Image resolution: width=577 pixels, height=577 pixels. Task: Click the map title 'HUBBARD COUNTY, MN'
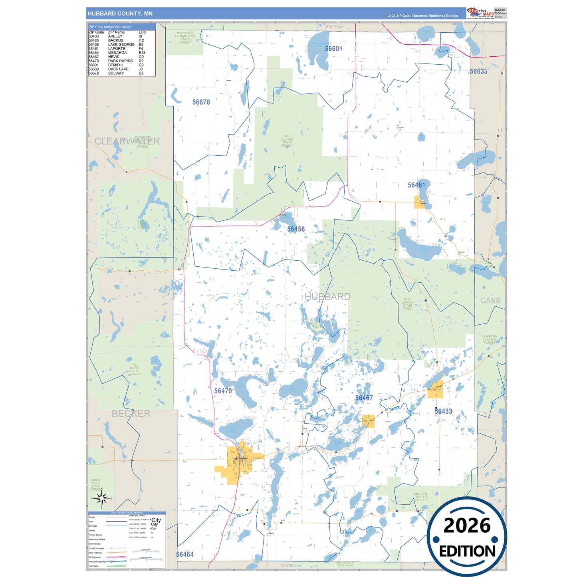point(120,14)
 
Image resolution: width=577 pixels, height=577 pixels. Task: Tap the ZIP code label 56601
point(333,49)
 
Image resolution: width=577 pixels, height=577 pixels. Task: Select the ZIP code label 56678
point(201,102)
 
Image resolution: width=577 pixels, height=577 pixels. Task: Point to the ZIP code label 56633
point(478,71)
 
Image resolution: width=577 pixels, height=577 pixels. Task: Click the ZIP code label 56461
point(416,185)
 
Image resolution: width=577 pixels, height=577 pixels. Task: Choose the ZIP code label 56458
point(296,229)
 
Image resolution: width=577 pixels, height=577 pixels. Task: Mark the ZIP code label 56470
point(223,391)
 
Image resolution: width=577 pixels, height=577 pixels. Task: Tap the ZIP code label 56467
point(364,398)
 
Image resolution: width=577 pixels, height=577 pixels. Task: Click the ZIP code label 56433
point(443,411)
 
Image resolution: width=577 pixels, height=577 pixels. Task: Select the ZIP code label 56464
point(184,554)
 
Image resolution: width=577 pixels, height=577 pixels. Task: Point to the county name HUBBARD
point(327,297)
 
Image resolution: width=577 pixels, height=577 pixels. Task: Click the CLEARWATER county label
point(127,141)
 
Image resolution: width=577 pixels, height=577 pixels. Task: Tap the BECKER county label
point(131,414)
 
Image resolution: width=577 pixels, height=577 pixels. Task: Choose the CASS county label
point(490,301)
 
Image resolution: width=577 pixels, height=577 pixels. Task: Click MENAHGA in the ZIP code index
point(117,53)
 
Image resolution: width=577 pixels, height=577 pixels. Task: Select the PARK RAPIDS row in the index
point(120,61)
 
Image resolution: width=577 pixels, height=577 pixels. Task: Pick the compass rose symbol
point(101,498)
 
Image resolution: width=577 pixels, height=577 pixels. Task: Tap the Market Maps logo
point(480,13)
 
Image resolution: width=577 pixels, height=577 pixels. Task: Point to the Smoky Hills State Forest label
point(96,485)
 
